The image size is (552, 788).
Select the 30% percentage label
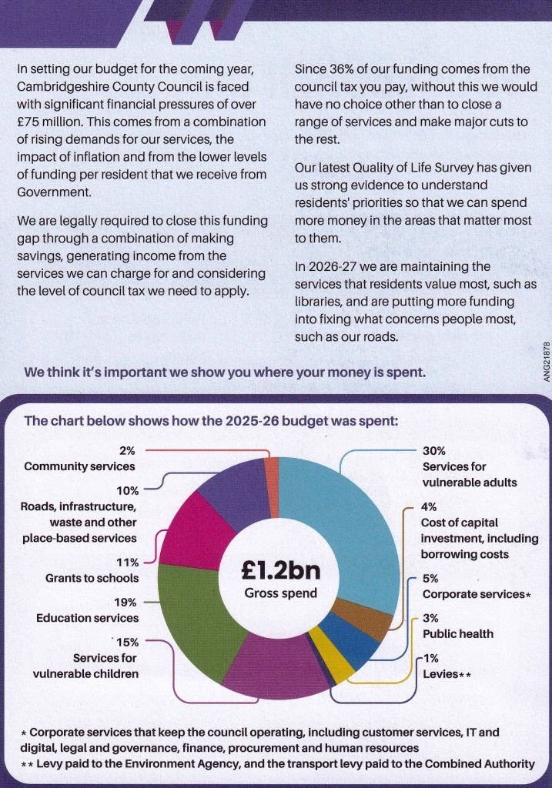click(433, 451)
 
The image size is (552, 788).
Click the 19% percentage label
click(127, 603)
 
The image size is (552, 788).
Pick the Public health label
click(457, 633)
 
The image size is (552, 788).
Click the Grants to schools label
click(92, 578)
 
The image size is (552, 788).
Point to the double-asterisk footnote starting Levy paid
click(276, 763)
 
